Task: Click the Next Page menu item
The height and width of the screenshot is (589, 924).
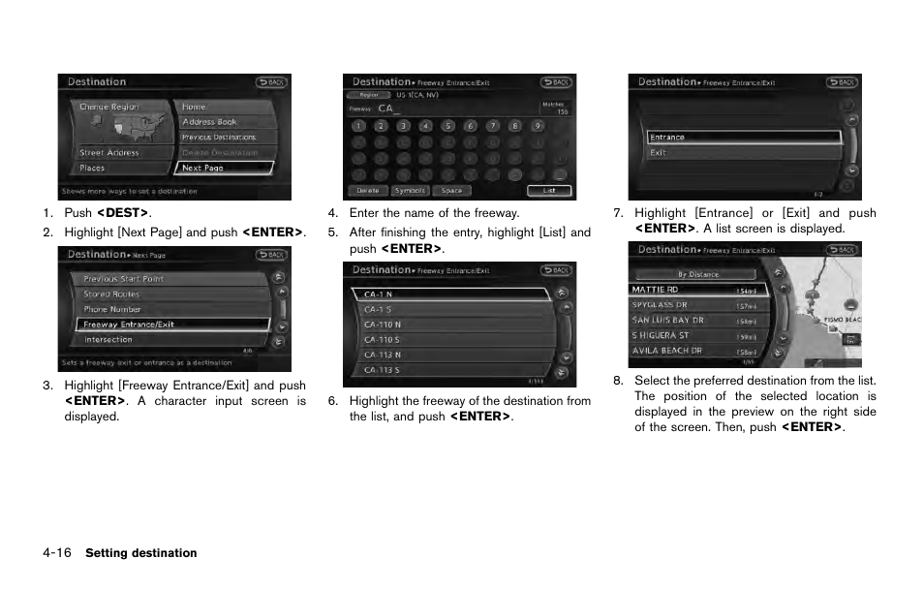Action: pos(223,168)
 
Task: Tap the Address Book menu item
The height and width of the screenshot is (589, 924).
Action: pos(223,122)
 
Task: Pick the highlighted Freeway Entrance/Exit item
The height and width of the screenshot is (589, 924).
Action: pos(160,325)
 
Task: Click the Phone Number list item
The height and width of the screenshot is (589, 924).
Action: pos(160,309)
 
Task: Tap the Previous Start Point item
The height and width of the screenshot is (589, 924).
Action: pos(160,279)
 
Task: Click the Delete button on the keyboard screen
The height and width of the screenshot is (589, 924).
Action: pos(368,191)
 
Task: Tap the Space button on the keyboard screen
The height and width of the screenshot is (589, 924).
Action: pos(452,191)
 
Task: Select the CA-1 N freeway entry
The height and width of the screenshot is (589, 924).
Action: pos(450,294)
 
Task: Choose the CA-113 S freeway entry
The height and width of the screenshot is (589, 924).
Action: pos(450,370)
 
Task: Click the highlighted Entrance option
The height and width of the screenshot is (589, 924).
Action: pos(743,138)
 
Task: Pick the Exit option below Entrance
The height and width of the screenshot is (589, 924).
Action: pos(743,153)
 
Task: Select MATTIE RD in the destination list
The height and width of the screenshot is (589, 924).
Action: pos(697,290)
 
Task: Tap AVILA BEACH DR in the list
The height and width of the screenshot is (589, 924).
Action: pos(697,351)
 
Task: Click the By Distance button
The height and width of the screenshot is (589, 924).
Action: pos(697,274)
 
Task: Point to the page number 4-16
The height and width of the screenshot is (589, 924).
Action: pos(56,553)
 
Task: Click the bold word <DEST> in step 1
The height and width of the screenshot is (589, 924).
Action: pos(123,213)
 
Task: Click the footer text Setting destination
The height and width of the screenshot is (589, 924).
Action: pos(141,554)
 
